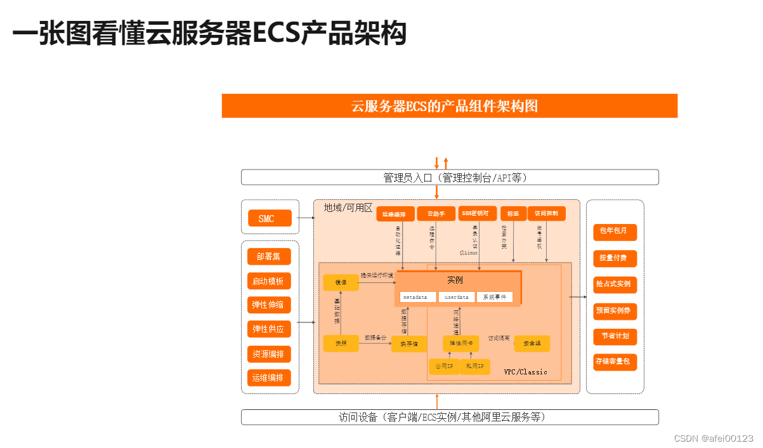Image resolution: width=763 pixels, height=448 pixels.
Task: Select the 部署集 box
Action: click(269, 256)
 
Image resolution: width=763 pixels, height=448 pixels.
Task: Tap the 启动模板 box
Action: click(269, 281)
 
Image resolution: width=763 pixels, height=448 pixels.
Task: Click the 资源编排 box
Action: click(269, 353)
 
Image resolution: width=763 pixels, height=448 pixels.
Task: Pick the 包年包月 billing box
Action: click(615, 231)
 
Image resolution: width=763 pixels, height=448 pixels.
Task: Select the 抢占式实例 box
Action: click(615, 284)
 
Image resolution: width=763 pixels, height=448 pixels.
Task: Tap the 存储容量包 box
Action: click(615, 362)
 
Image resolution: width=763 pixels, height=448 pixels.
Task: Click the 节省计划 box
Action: click(615, 336)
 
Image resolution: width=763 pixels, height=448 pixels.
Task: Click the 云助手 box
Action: click(436, 214)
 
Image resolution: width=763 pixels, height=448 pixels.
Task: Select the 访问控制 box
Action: click(546, 214)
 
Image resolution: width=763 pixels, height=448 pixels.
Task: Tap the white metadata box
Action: click(418, 297)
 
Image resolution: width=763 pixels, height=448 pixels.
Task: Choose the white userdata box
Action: click(456, 297)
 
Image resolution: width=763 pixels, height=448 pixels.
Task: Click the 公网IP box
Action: click(443, 366)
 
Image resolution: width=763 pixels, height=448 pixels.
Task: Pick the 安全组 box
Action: click(531, 343)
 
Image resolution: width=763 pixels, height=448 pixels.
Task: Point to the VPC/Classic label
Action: click(525, 372)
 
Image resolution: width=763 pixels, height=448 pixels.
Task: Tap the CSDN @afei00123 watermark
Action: click(713, 438)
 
